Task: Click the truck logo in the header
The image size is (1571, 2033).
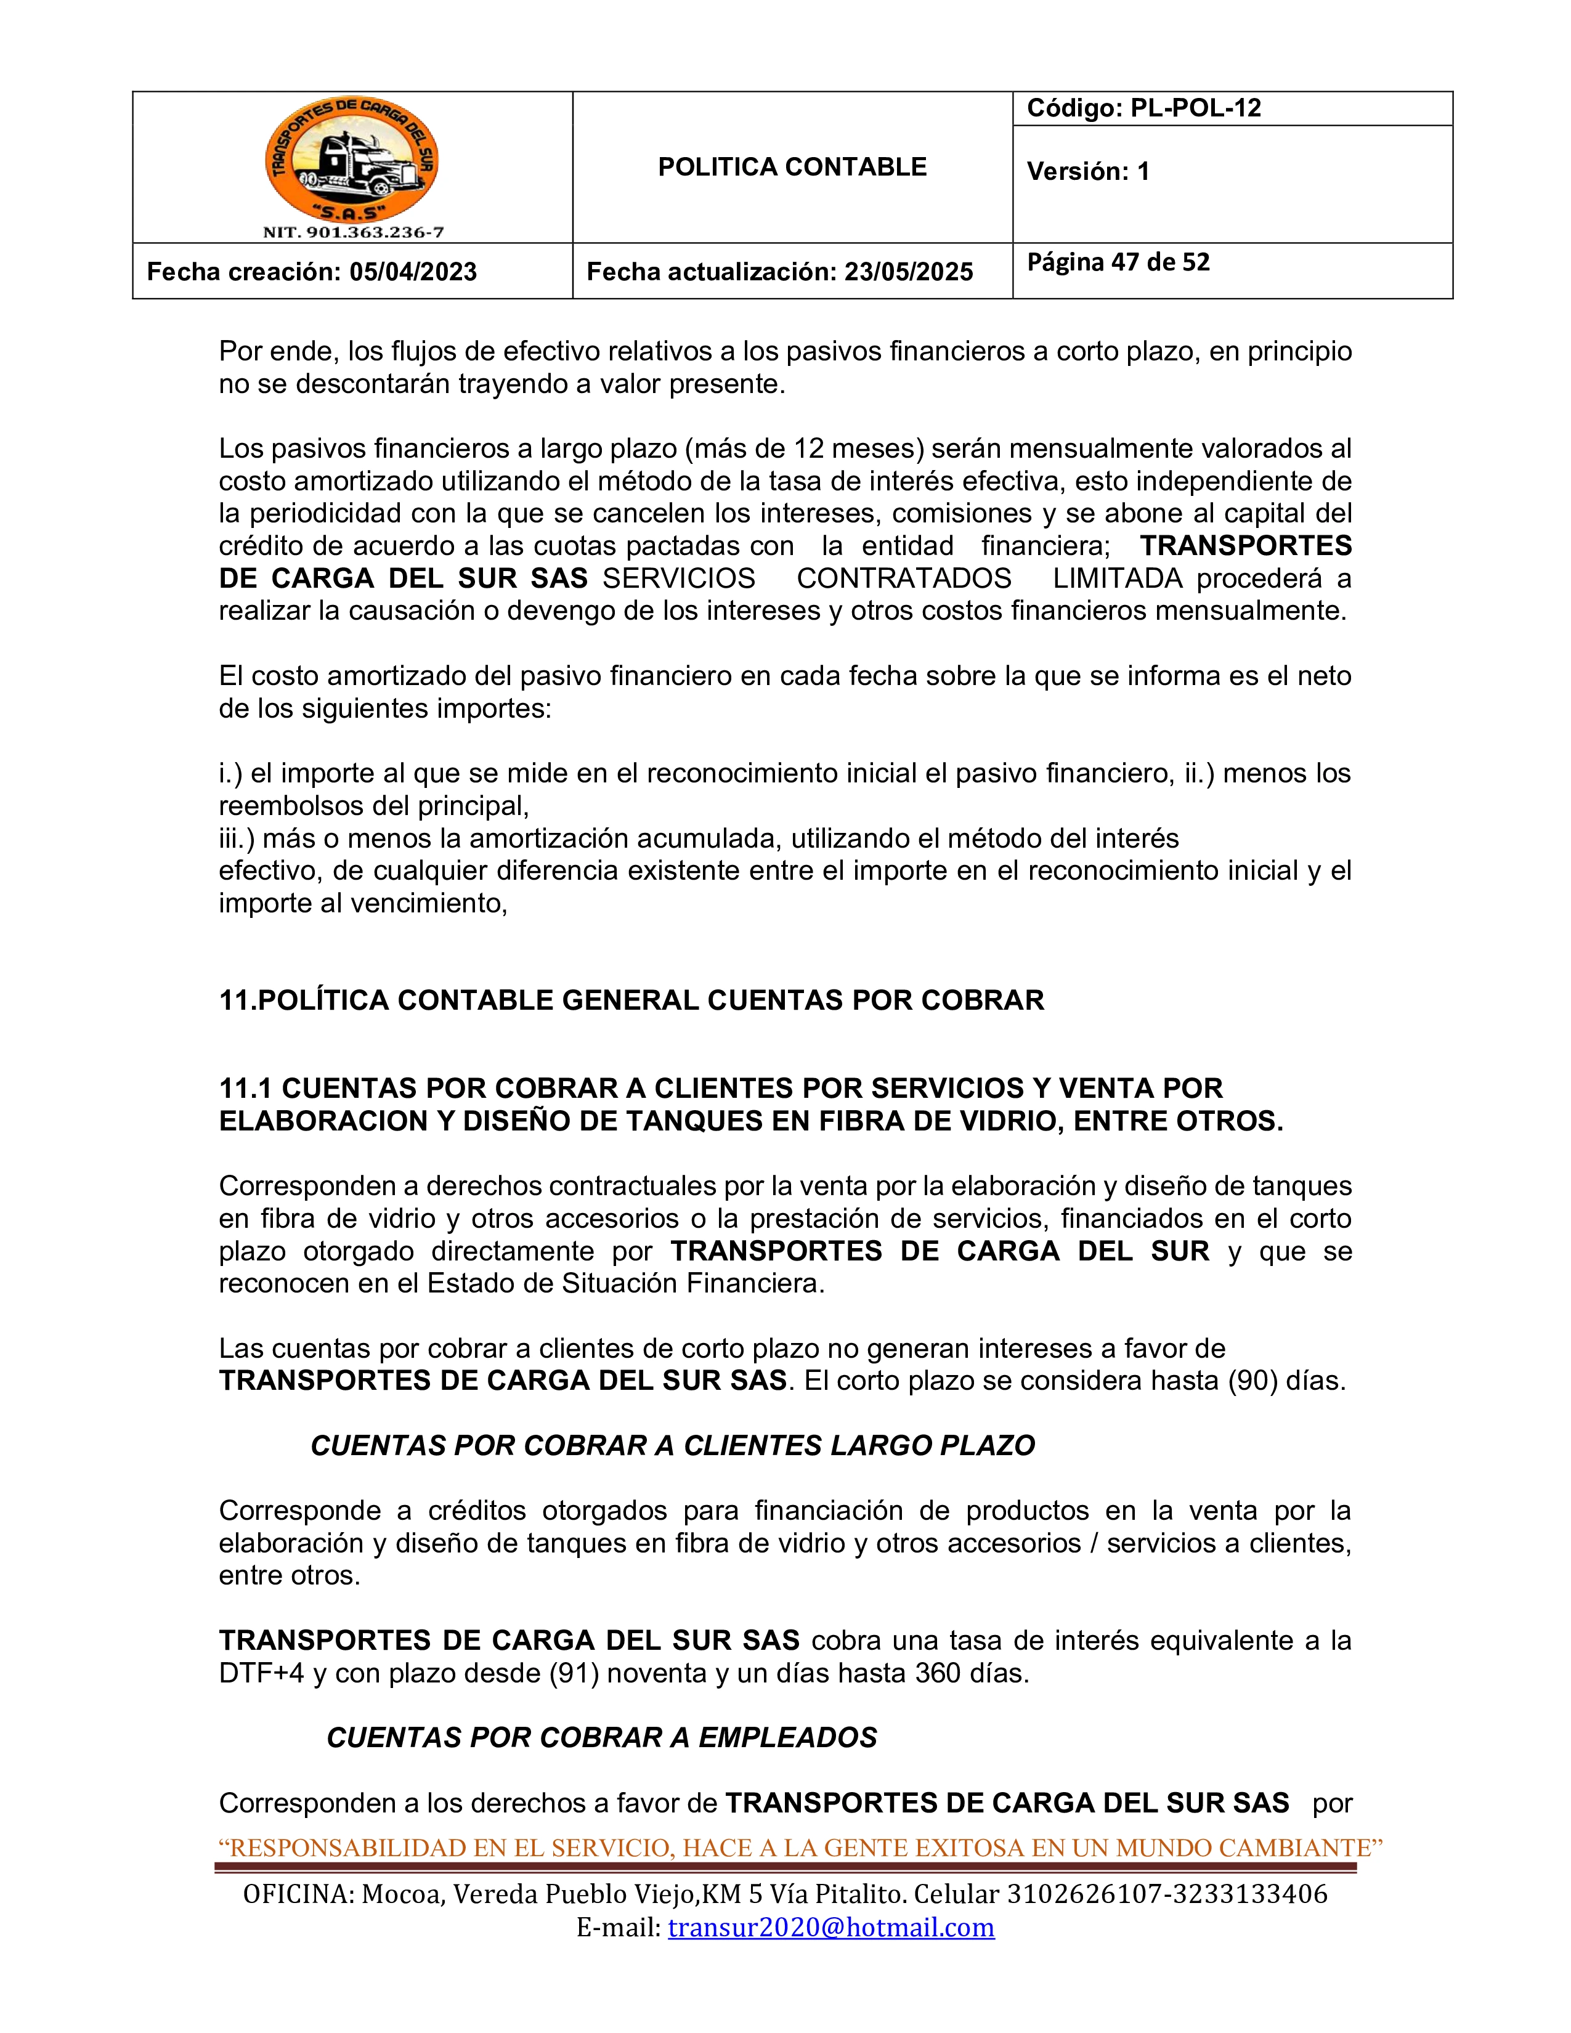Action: pos(352,161)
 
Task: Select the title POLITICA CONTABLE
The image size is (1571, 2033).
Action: pos(792,168)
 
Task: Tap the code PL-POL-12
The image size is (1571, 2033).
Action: pos(1195,108)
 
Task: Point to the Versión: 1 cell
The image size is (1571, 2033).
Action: pos(1088,171)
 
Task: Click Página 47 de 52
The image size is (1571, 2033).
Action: pos(1118,262)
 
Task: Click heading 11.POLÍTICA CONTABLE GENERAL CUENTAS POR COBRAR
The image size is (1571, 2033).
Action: pos(631,1000)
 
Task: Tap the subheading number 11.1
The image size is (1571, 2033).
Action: pos(246,1088)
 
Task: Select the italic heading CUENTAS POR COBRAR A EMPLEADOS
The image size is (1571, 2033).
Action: pos(601,1738)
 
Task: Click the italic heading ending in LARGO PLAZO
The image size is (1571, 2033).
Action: pos(672,1446)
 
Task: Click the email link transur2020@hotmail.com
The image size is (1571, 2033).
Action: pos(831,1927)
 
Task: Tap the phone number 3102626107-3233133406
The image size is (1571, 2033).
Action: pos(1167,1894)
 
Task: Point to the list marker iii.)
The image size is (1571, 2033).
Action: pos(237,838)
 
